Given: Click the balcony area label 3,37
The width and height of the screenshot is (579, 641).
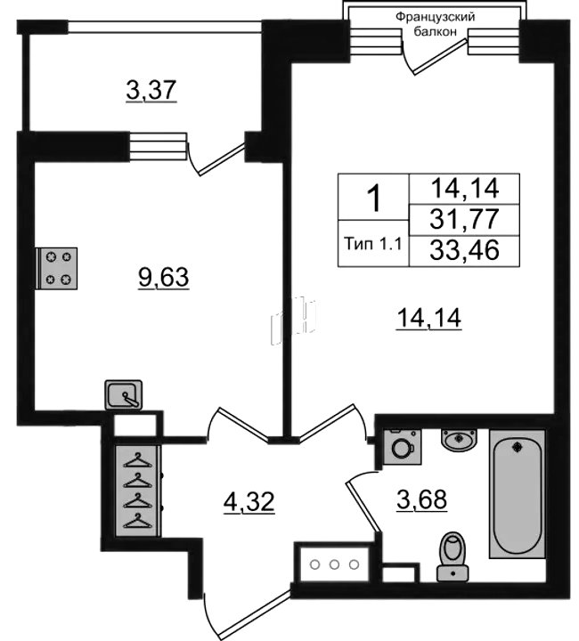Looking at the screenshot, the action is [151, 90].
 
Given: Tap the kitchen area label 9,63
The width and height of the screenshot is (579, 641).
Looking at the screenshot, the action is [164, 278].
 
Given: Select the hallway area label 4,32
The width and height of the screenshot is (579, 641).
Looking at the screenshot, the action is [249, 501].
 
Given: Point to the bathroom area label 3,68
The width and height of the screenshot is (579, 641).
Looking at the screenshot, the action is [422, 499].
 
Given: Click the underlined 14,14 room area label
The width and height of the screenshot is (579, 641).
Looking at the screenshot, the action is [429, 318].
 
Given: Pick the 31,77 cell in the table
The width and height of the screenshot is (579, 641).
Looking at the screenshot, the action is [464, 219].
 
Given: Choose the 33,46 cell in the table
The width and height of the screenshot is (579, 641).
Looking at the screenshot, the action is [464, 250].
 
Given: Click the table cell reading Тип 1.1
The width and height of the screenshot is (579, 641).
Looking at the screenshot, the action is [373, 244].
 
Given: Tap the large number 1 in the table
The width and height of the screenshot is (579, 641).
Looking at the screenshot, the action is [374, 198].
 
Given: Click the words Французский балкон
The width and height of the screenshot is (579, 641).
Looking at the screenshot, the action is [435, 24].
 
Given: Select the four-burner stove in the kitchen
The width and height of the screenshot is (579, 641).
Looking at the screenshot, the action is [56, 268].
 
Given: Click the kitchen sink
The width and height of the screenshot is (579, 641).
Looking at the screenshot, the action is [124, 394].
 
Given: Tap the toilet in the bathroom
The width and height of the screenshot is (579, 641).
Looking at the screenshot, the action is [453, 556].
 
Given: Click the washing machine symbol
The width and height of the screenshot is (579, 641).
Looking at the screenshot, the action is [403, 446].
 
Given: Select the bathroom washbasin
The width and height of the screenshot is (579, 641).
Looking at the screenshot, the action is [459, 440].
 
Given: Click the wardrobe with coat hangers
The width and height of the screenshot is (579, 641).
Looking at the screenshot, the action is [137, 491].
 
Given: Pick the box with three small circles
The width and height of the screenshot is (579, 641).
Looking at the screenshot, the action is [334, 564].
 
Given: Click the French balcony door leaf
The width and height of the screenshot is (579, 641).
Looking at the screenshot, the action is [440, 57].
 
